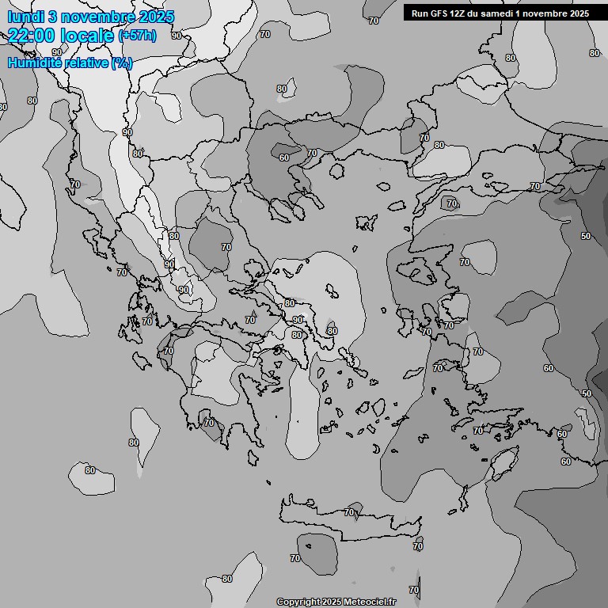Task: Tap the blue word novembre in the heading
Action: tap(97, 17)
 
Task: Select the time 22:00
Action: tap(28, 35)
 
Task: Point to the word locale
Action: tap(85, 35)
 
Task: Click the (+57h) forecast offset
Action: tap(137, 35)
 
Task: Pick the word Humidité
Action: tap(34, 62)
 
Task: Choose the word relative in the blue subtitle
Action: tap(85, 62)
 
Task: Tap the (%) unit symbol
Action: tap(122, 62)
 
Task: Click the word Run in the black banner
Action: tap(420, 13)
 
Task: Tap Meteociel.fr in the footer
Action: tap(370, 602)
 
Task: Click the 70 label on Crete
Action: tap(349, 513)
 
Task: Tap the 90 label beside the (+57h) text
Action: tap(176, 35)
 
